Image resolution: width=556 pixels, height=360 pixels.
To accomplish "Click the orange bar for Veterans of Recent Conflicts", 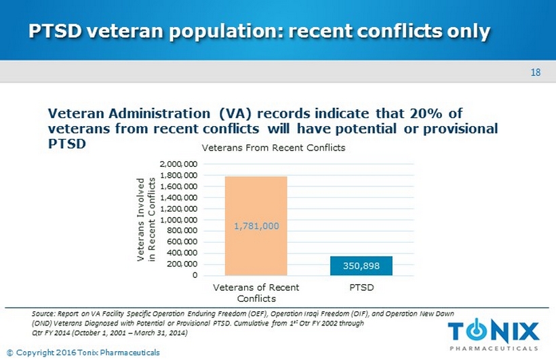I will point(256,203).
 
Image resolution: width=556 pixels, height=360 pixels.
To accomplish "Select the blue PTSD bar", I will point(361,266).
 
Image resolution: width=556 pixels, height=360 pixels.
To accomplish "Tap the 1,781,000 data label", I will point(256,226).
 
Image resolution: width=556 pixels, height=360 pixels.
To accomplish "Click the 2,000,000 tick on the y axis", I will point(179,165).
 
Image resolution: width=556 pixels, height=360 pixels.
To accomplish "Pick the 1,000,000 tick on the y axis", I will point(179,220).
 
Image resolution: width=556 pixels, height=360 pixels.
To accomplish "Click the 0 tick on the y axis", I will point(195,276).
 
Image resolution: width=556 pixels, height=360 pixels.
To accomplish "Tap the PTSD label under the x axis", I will point(361,287).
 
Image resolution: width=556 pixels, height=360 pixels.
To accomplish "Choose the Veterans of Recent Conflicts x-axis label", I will point(256,293).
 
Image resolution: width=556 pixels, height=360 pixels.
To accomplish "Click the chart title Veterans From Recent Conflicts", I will point(273,147).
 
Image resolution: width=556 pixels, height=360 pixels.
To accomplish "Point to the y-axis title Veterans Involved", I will point(141,220).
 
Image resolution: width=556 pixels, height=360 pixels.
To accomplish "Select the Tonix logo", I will point(494,332).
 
